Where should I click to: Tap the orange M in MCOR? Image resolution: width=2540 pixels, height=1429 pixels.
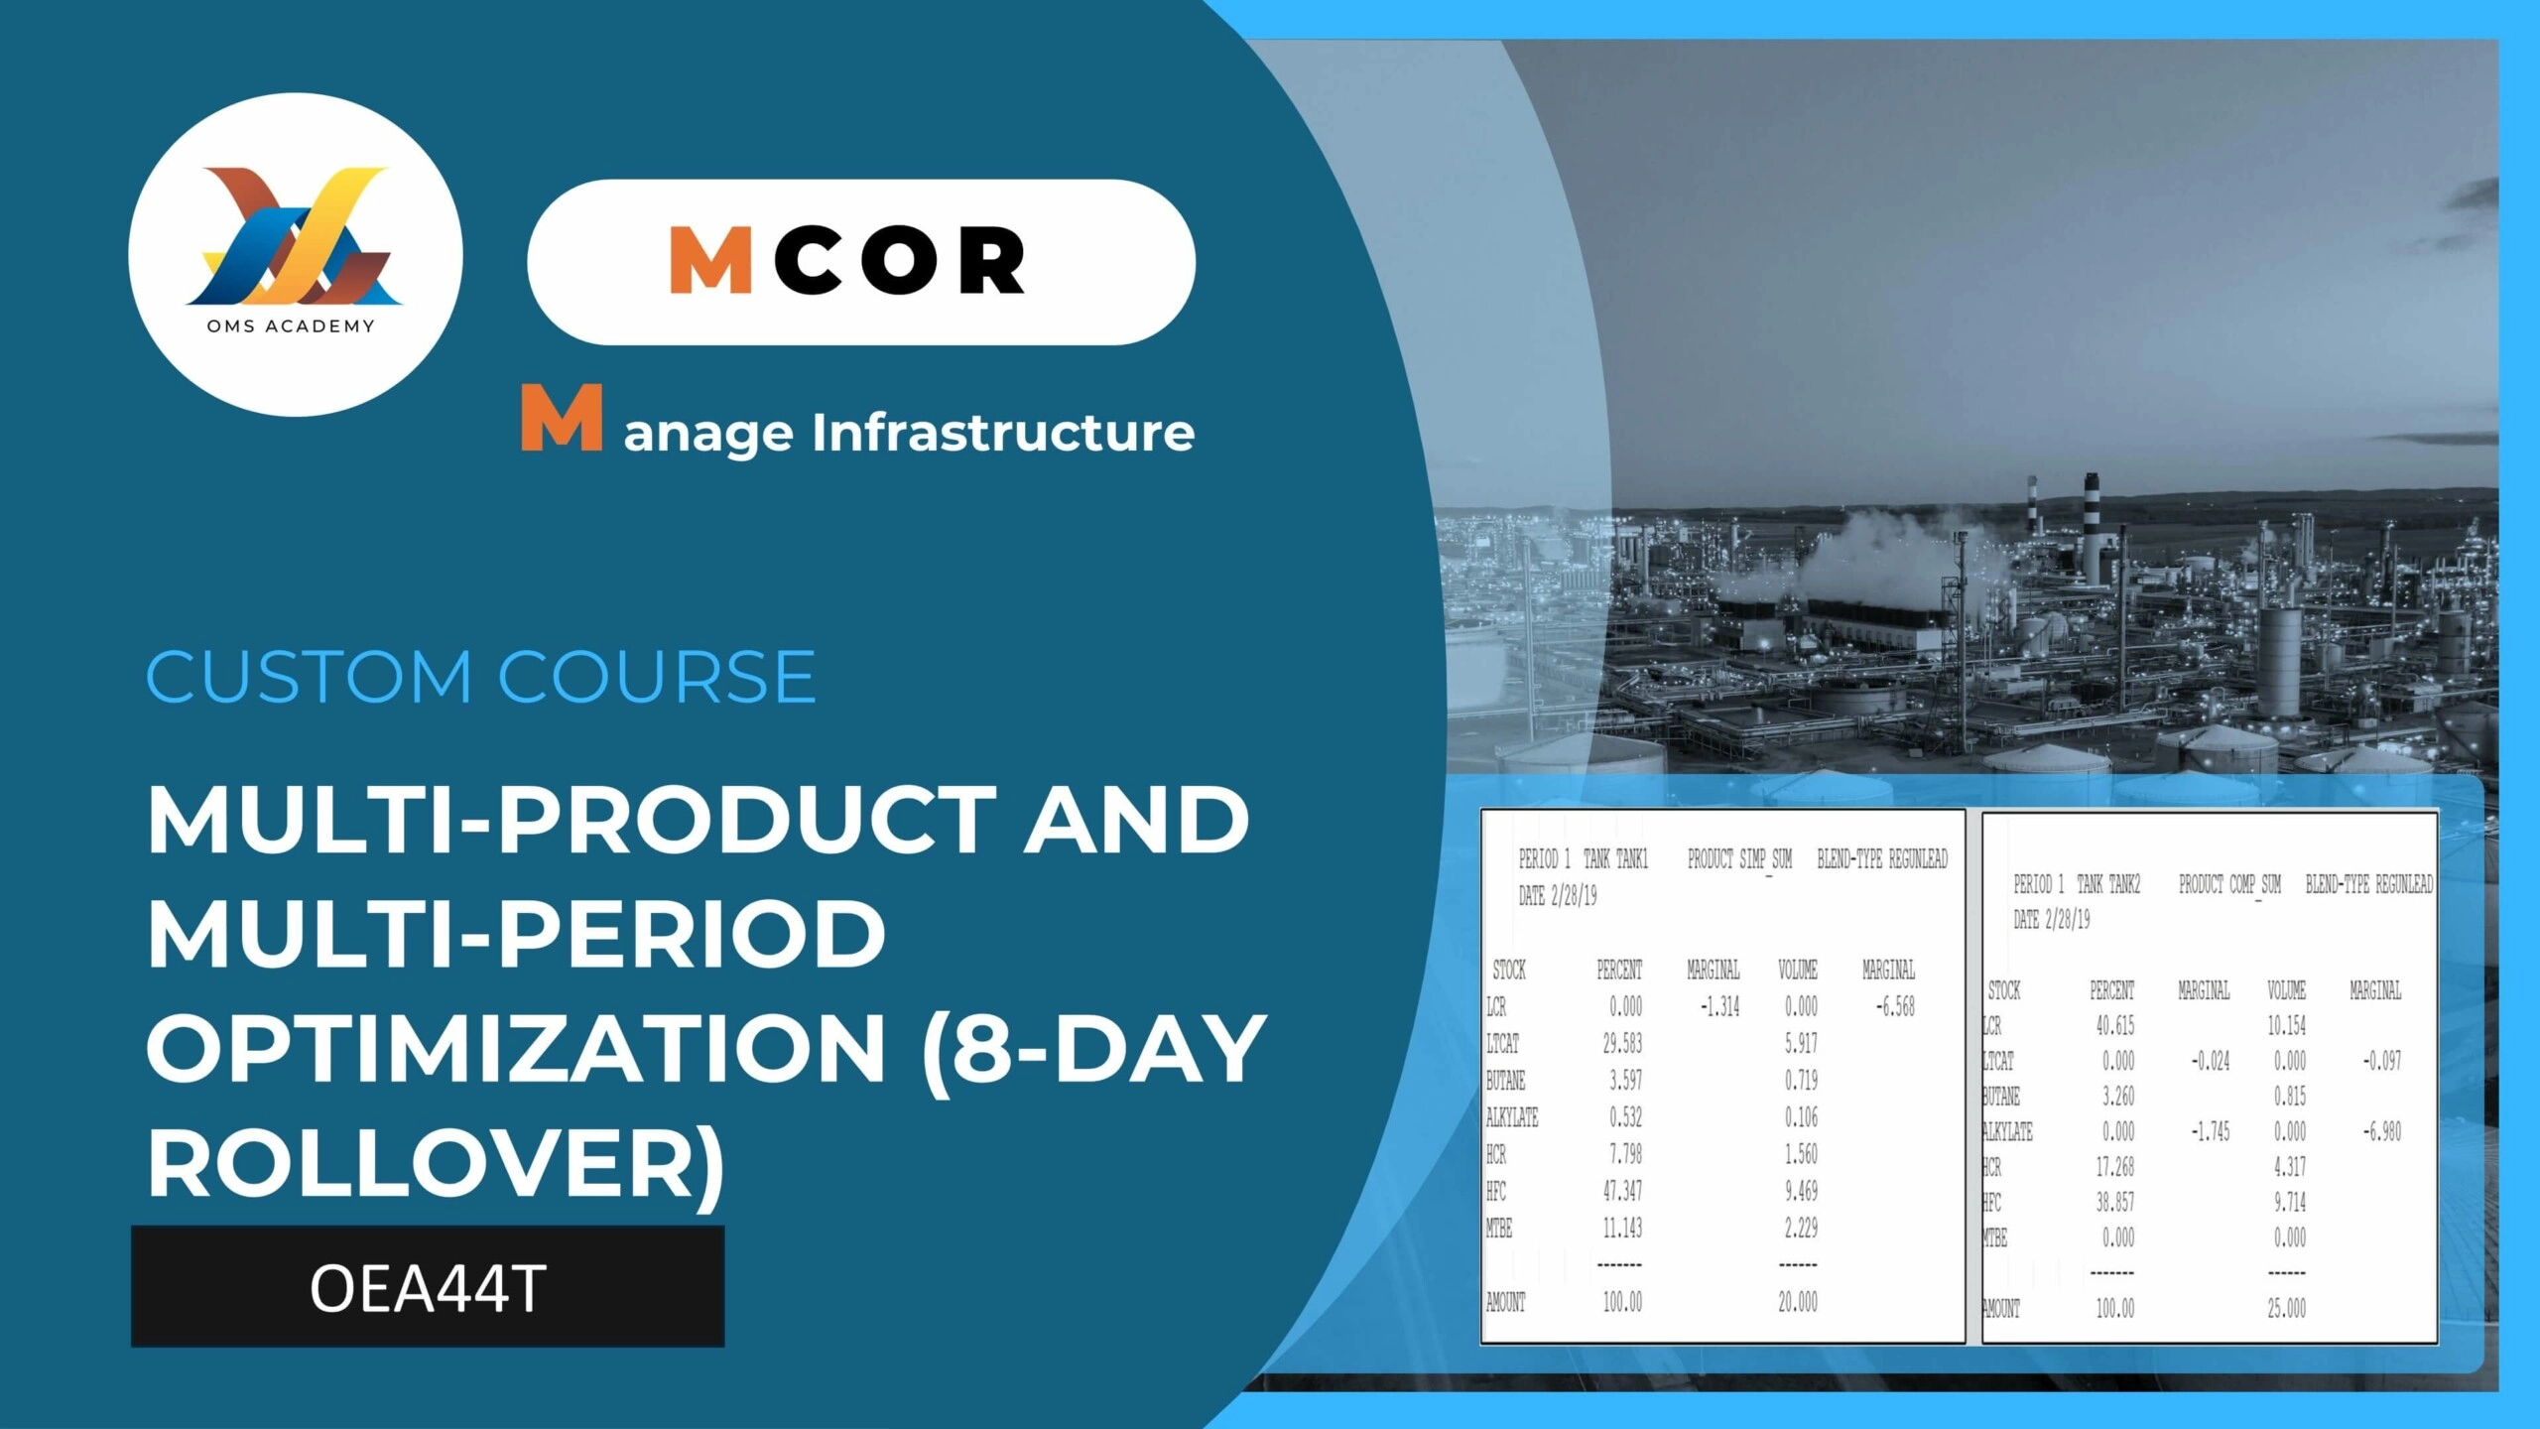coord(710,260)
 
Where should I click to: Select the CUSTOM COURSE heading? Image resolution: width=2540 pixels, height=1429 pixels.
coord(481,677)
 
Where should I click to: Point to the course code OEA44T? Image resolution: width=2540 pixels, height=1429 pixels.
coord(428,1288)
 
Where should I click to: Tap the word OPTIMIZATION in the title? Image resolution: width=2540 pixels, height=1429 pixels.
coord(516,1048)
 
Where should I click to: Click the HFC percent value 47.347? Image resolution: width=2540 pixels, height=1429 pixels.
coord(1622,1191)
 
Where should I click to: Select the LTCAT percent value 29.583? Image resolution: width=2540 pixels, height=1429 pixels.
coord(1622,1043)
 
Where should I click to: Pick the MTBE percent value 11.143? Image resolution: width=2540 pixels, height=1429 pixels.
coord(1622,1229)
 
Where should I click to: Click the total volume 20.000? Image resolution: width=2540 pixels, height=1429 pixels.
coord(1798,1302)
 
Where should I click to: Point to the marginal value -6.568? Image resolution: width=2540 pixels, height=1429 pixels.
coord(1895,1006)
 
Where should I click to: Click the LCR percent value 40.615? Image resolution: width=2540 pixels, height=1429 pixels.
coord(2114,1025)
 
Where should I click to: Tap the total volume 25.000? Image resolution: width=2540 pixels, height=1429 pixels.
coord(2286,1308)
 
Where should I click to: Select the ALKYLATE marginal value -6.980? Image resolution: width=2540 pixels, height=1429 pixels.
coord(2382,1131)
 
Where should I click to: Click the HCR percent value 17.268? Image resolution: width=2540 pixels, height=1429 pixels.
coord(2114,1167)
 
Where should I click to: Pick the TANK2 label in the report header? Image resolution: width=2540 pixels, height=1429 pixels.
coord(2123,883)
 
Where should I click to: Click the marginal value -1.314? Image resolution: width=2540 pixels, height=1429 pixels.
coord(1720,1006)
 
